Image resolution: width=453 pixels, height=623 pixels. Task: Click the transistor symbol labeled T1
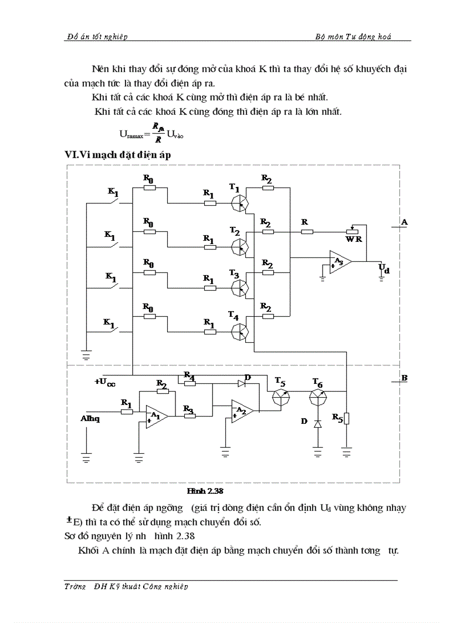tap(240, 202)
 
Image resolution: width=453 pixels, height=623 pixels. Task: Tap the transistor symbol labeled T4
tap(240, 331)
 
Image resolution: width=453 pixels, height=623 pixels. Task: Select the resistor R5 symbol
tap(346, 417)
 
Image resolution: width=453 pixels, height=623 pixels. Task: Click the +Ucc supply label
tap(104, 382)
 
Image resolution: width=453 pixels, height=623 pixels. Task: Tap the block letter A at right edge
tap(404, 221)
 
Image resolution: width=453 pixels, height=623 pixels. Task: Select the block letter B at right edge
tap(404, 378)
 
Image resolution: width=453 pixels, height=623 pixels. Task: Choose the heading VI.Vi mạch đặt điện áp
tap(118, 155)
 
